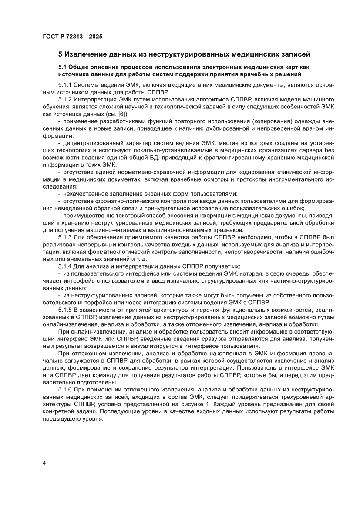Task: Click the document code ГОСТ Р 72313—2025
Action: (72, 37)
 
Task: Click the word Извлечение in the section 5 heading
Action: (89, 55)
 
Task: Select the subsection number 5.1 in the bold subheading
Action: (64, 67)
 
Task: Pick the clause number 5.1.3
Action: (66, 237)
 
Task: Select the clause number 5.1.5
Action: (66, 310)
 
